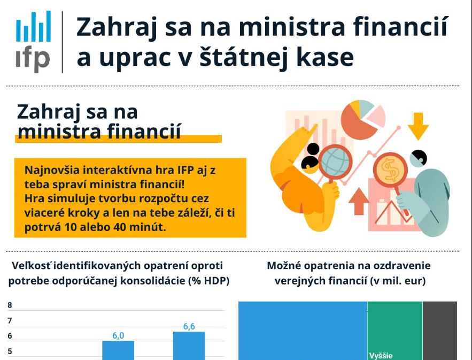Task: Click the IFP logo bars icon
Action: point(34,26)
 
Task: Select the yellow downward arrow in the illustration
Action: point(418,126)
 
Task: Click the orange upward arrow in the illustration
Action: point(359,201)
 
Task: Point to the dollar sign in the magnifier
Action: point(390,170)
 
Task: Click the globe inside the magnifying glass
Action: point(335,162)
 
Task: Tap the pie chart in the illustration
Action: point(363,119)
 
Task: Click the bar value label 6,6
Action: point(189,326)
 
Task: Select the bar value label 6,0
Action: point(118,335)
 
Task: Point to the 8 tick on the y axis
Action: point(10,305)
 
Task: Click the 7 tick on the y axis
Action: point(10,320)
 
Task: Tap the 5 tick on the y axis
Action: point(10,351)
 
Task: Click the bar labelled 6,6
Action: point(189,346)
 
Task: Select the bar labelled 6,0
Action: point(118,350)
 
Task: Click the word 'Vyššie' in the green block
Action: point(381,356)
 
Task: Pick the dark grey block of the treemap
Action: point(440,331)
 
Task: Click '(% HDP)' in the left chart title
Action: point(208,281)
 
